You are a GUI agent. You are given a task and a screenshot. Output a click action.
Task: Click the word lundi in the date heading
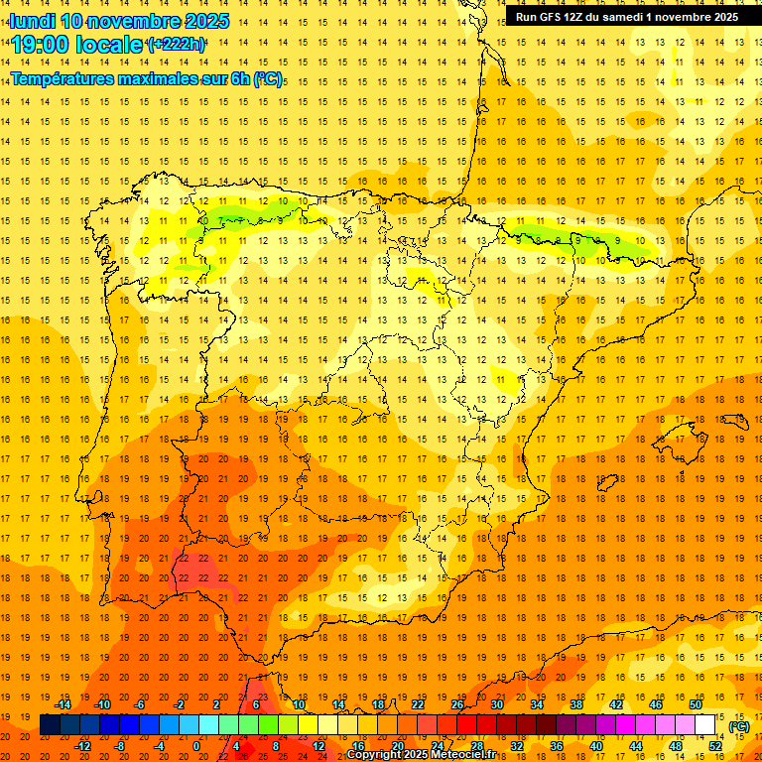[32, 21]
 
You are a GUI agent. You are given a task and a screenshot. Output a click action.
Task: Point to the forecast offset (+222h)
[177, 45]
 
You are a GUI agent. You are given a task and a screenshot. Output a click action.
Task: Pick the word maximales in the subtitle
[160, 78]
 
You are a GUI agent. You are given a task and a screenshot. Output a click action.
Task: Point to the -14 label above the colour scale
[63, 704]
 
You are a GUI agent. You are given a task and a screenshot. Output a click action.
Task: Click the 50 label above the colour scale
[696, 704]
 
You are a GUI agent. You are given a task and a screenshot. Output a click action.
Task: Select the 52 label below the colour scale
[714, 746]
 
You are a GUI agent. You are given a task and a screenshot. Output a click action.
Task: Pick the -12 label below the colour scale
[83, 746]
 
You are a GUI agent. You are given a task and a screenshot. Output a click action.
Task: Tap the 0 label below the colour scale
[196, 746]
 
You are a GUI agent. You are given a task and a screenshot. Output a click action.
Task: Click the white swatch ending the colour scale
[705, 725]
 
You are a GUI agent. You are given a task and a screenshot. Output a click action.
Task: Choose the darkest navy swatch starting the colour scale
[50, 725]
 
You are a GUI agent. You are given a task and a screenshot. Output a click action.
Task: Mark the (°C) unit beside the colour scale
[739, 726]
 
